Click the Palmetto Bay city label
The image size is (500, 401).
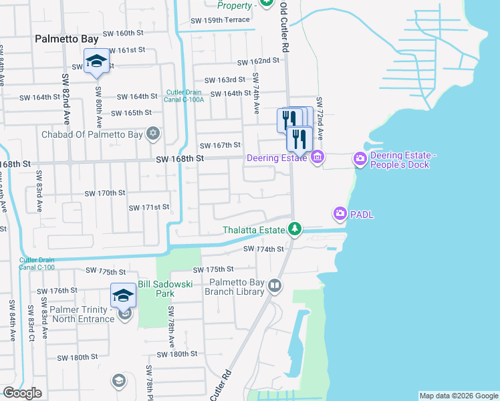67,39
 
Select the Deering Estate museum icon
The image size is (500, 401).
318,158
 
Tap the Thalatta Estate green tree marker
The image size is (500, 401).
294,229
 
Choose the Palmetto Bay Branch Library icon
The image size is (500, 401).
274,287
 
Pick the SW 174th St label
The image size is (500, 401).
264,249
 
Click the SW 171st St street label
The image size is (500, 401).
149,207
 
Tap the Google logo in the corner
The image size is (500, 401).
22,393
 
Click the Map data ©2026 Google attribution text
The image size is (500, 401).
458,396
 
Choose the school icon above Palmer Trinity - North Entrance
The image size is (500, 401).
123,295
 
